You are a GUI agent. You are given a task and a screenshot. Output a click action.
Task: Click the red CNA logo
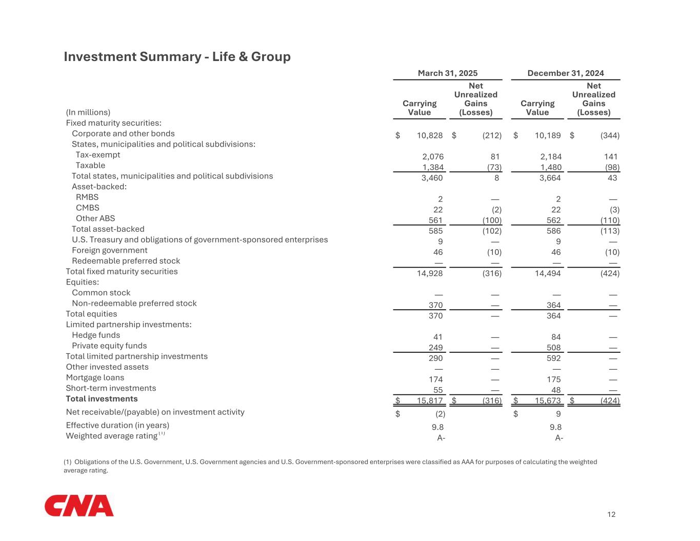[x=79, y=506]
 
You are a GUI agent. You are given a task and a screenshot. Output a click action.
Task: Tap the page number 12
[x=611, y=514]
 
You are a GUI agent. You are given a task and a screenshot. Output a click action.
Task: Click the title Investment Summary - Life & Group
[x=177, y=56]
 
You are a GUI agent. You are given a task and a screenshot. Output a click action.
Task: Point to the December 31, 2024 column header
[x=566, y=73]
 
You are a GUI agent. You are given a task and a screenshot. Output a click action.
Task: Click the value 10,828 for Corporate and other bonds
[x=430, y=135]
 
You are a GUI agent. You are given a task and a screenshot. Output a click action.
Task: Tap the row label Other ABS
[x=95, y=218]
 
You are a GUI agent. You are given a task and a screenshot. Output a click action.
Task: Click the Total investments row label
[x=102, y=398]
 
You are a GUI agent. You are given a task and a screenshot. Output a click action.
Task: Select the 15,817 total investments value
[x=430, y=400]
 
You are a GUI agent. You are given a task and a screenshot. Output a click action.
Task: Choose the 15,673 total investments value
[x=548, y=400]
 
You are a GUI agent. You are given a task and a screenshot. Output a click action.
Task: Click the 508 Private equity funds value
[x=553, y=348]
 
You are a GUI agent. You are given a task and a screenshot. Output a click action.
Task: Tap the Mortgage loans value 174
[x=435, y=379]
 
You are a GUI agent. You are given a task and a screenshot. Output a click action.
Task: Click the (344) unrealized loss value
[x=610, y=135]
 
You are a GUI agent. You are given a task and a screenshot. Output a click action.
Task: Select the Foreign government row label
[x=109, y=250]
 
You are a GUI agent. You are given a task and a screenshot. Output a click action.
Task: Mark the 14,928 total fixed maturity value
[x=430, y=273]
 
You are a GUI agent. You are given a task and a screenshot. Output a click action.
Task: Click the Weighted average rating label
[x=112, y=436]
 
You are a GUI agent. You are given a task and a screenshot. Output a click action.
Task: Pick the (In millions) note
[x=88, y=112]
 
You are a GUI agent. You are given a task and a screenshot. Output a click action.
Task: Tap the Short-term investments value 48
[x=556, y=390]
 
